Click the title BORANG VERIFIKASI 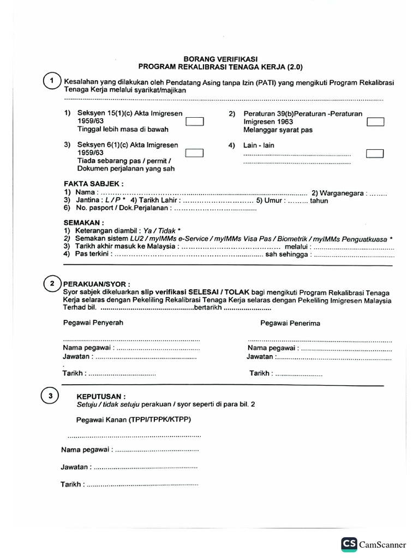pos(220,58)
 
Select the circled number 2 pos(51,284)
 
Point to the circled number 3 pos(50,397)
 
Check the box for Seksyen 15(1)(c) pos(194,122)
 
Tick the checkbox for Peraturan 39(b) pos(375,122)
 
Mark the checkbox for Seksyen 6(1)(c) pos(194,153)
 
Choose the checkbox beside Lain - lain pos(375,153)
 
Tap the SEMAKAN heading pos(83,223)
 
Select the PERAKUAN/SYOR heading pos(97,284)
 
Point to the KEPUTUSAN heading pos(101,397)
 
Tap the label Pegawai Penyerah pos(93,323)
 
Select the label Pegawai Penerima pos(290,323)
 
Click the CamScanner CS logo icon pos(349,544)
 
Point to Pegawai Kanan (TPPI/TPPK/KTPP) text pos(134,420)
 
